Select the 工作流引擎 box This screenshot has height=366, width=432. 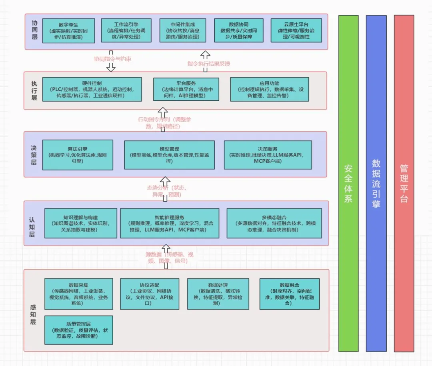point(126,30)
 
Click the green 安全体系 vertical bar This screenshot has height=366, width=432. point(348,183)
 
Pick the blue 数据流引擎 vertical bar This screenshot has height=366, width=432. point(376,183)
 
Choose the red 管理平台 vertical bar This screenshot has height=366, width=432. point(404,183)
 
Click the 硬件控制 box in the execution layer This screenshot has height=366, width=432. point(92,89)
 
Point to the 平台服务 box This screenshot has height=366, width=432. point(186,89)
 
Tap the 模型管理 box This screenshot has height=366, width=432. point(169,155)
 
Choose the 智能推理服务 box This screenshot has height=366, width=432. point(170,223)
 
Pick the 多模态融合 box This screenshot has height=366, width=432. point(274,223)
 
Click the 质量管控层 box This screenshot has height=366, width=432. point(78,330)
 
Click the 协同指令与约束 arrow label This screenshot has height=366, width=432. point(112,59)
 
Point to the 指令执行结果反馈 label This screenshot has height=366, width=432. point(208,64)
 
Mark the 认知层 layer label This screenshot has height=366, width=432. point(32,227)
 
